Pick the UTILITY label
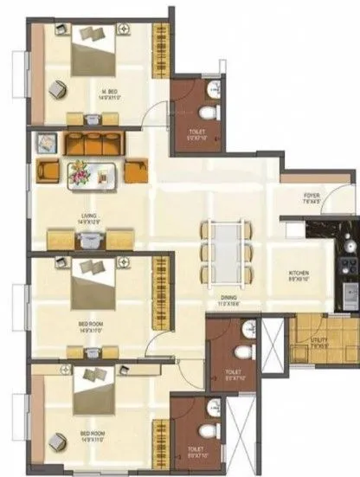click(x=319, y=341)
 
